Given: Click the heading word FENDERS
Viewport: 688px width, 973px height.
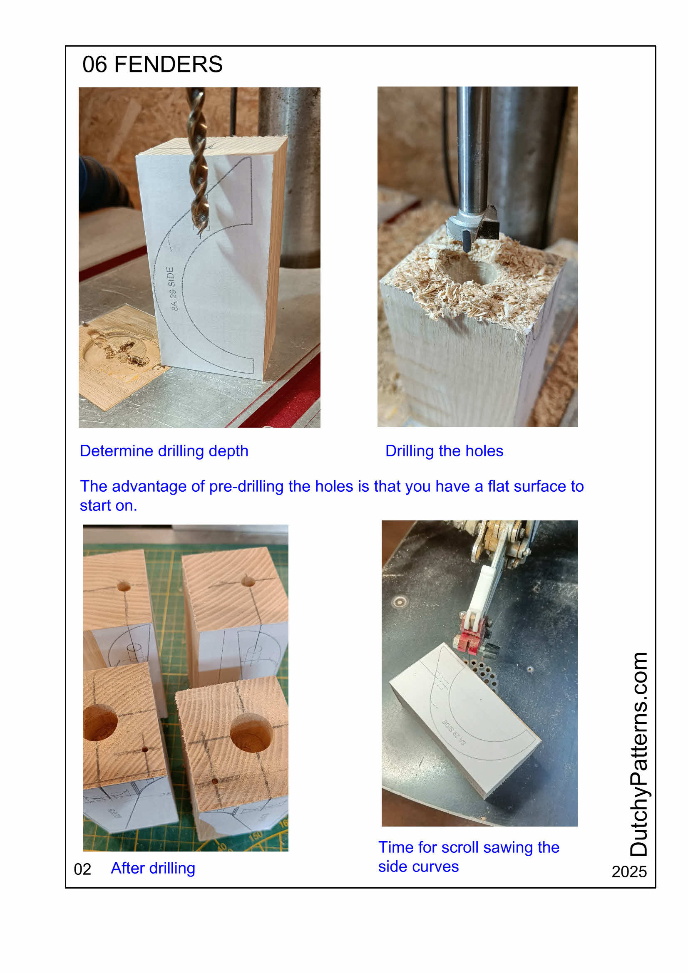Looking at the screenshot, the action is [x=168, y=64].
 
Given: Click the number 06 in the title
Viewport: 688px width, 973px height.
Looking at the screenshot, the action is [x=94, y=64].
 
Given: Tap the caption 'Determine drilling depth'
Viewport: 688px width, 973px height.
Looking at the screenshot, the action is [x=164, y=451].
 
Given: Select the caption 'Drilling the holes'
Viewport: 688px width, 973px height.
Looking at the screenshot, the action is [x=444, y=451].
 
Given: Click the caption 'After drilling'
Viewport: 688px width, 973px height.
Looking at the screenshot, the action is [x=153, y=868].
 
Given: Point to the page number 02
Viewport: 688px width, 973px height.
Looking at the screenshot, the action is [x=83, y=869].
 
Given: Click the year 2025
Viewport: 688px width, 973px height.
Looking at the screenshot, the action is [x=629, y=872].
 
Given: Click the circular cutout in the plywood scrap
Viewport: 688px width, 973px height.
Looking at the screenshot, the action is [x=114, y=349].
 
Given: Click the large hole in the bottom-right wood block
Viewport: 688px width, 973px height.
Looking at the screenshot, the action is [x=251, y=733].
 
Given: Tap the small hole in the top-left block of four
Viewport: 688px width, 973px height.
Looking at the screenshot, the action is [x=123, y=587].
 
